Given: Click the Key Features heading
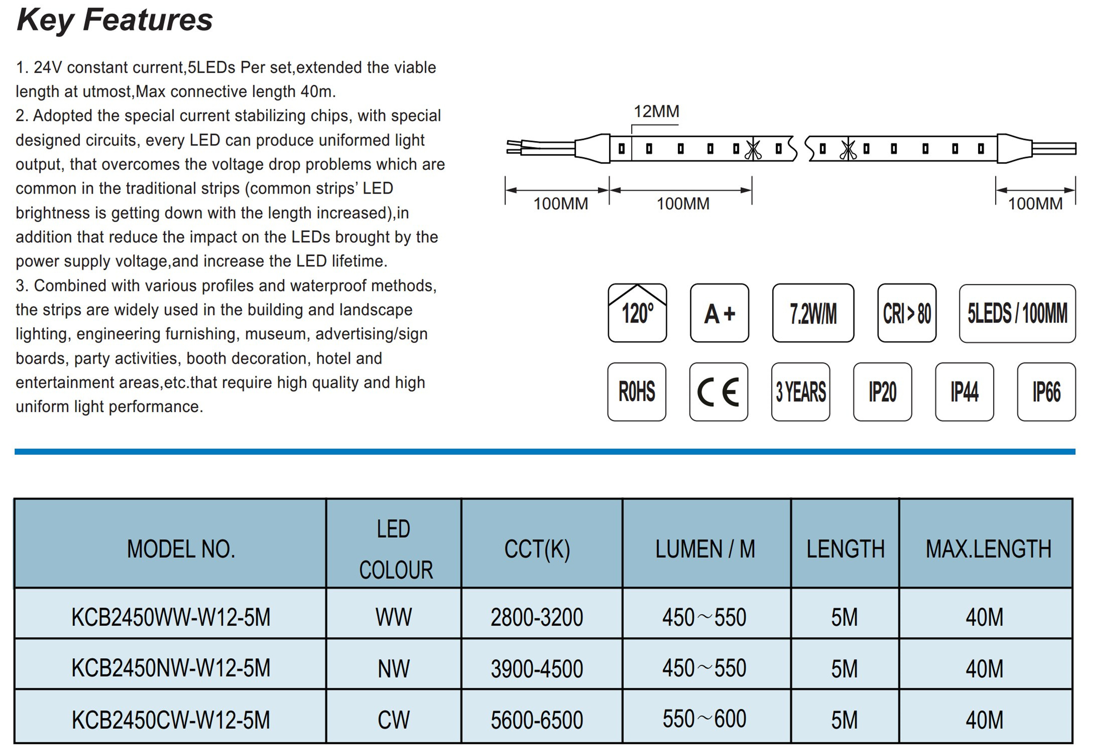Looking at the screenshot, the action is tap(114, 20).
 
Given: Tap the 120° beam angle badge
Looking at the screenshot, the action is tap(637, 313).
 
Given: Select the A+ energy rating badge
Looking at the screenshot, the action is tap(719, 313).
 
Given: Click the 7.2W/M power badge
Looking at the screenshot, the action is tap(813, 313).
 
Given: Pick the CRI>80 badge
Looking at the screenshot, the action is tap(907, 313).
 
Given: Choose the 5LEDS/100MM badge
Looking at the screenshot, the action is tap(1017, 314).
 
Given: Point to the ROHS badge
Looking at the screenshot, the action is tap(637, 392).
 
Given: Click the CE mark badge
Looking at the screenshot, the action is tap(718, 392).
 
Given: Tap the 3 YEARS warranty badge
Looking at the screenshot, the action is tap(801, 392).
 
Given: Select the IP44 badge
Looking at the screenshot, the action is tap(964, 392).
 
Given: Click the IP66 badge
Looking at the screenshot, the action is tap(1046, 392).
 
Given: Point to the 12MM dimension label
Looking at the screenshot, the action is tap(656, 111).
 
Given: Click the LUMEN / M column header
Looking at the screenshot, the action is tap(705, 549).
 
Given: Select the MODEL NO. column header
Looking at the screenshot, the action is tap(181, 549).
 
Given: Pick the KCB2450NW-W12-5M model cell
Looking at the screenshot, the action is tap(171, 668).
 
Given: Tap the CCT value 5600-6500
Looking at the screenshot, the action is tap(537, 720).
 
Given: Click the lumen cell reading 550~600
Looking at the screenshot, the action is tap(704, 719).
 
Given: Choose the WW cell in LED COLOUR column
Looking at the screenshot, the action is tap(394, 617).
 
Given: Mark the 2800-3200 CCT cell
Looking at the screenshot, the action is tap(537, 617).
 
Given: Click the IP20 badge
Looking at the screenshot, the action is tap(883, 392).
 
